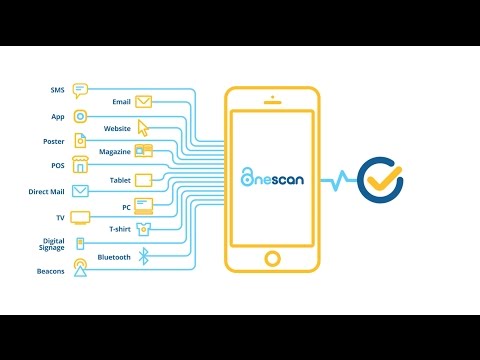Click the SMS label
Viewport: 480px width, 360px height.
(x=57, y=90)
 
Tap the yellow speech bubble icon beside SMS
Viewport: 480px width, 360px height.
(x=81, y=90)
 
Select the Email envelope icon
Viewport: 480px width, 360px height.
(x=144, y=102)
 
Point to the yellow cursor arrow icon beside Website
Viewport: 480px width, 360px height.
(x=143, y=128)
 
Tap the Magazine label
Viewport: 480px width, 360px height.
(x=115, y=152)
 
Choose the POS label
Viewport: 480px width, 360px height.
(x=57, y=166)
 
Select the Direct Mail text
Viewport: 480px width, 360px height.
(x=47, y=191)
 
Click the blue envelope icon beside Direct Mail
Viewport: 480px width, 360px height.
(x=81, y=191)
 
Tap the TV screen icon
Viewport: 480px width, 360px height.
(x=81, y=217)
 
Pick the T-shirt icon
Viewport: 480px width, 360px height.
(x=143, y=230)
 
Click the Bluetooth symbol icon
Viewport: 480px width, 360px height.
(x=143, y=257)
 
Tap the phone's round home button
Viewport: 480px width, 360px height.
(x=272, y=258)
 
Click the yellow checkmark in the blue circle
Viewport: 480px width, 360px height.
(x=380, y=179)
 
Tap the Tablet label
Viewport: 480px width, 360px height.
(x=119, y=180)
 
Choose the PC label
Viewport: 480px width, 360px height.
(x=126, y=207)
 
